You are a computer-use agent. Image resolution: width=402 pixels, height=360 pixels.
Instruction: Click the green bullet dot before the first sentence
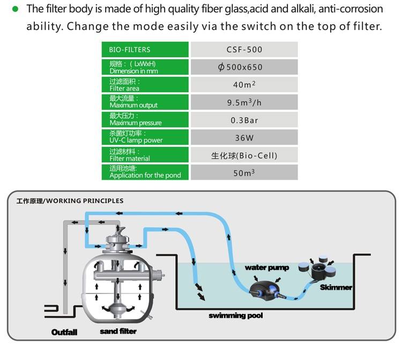click(14, 9)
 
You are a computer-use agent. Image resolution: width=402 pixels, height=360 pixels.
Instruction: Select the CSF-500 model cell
click(244, 49)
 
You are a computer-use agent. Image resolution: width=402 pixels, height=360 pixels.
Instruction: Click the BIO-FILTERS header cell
click(145, 49)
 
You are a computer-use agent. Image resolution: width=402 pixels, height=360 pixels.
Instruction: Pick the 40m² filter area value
click(244, 84)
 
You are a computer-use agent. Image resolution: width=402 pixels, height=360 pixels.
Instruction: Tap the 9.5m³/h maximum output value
click(244, 102)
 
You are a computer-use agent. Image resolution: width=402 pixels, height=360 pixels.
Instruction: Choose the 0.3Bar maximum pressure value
click(244, 120)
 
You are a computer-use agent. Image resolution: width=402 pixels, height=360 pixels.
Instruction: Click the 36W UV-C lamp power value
click(244, 137)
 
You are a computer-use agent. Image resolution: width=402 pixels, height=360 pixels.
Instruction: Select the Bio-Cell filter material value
click(244, 155)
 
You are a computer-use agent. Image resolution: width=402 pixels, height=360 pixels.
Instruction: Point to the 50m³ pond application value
click(244, 173)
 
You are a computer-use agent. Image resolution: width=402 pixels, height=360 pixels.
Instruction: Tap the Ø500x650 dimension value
click(244, 67)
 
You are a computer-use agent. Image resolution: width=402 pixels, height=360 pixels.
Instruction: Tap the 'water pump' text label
click(266, 268)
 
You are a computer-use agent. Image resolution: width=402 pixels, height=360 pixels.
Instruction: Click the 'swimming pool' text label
click(236, 315)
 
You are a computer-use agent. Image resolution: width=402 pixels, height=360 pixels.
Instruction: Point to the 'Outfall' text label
click(64, 332)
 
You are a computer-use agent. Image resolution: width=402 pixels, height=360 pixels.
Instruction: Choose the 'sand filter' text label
click(118, 331)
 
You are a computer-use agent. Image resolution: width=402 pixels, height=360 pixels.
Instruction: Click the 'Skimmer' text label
click(336, 287)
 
